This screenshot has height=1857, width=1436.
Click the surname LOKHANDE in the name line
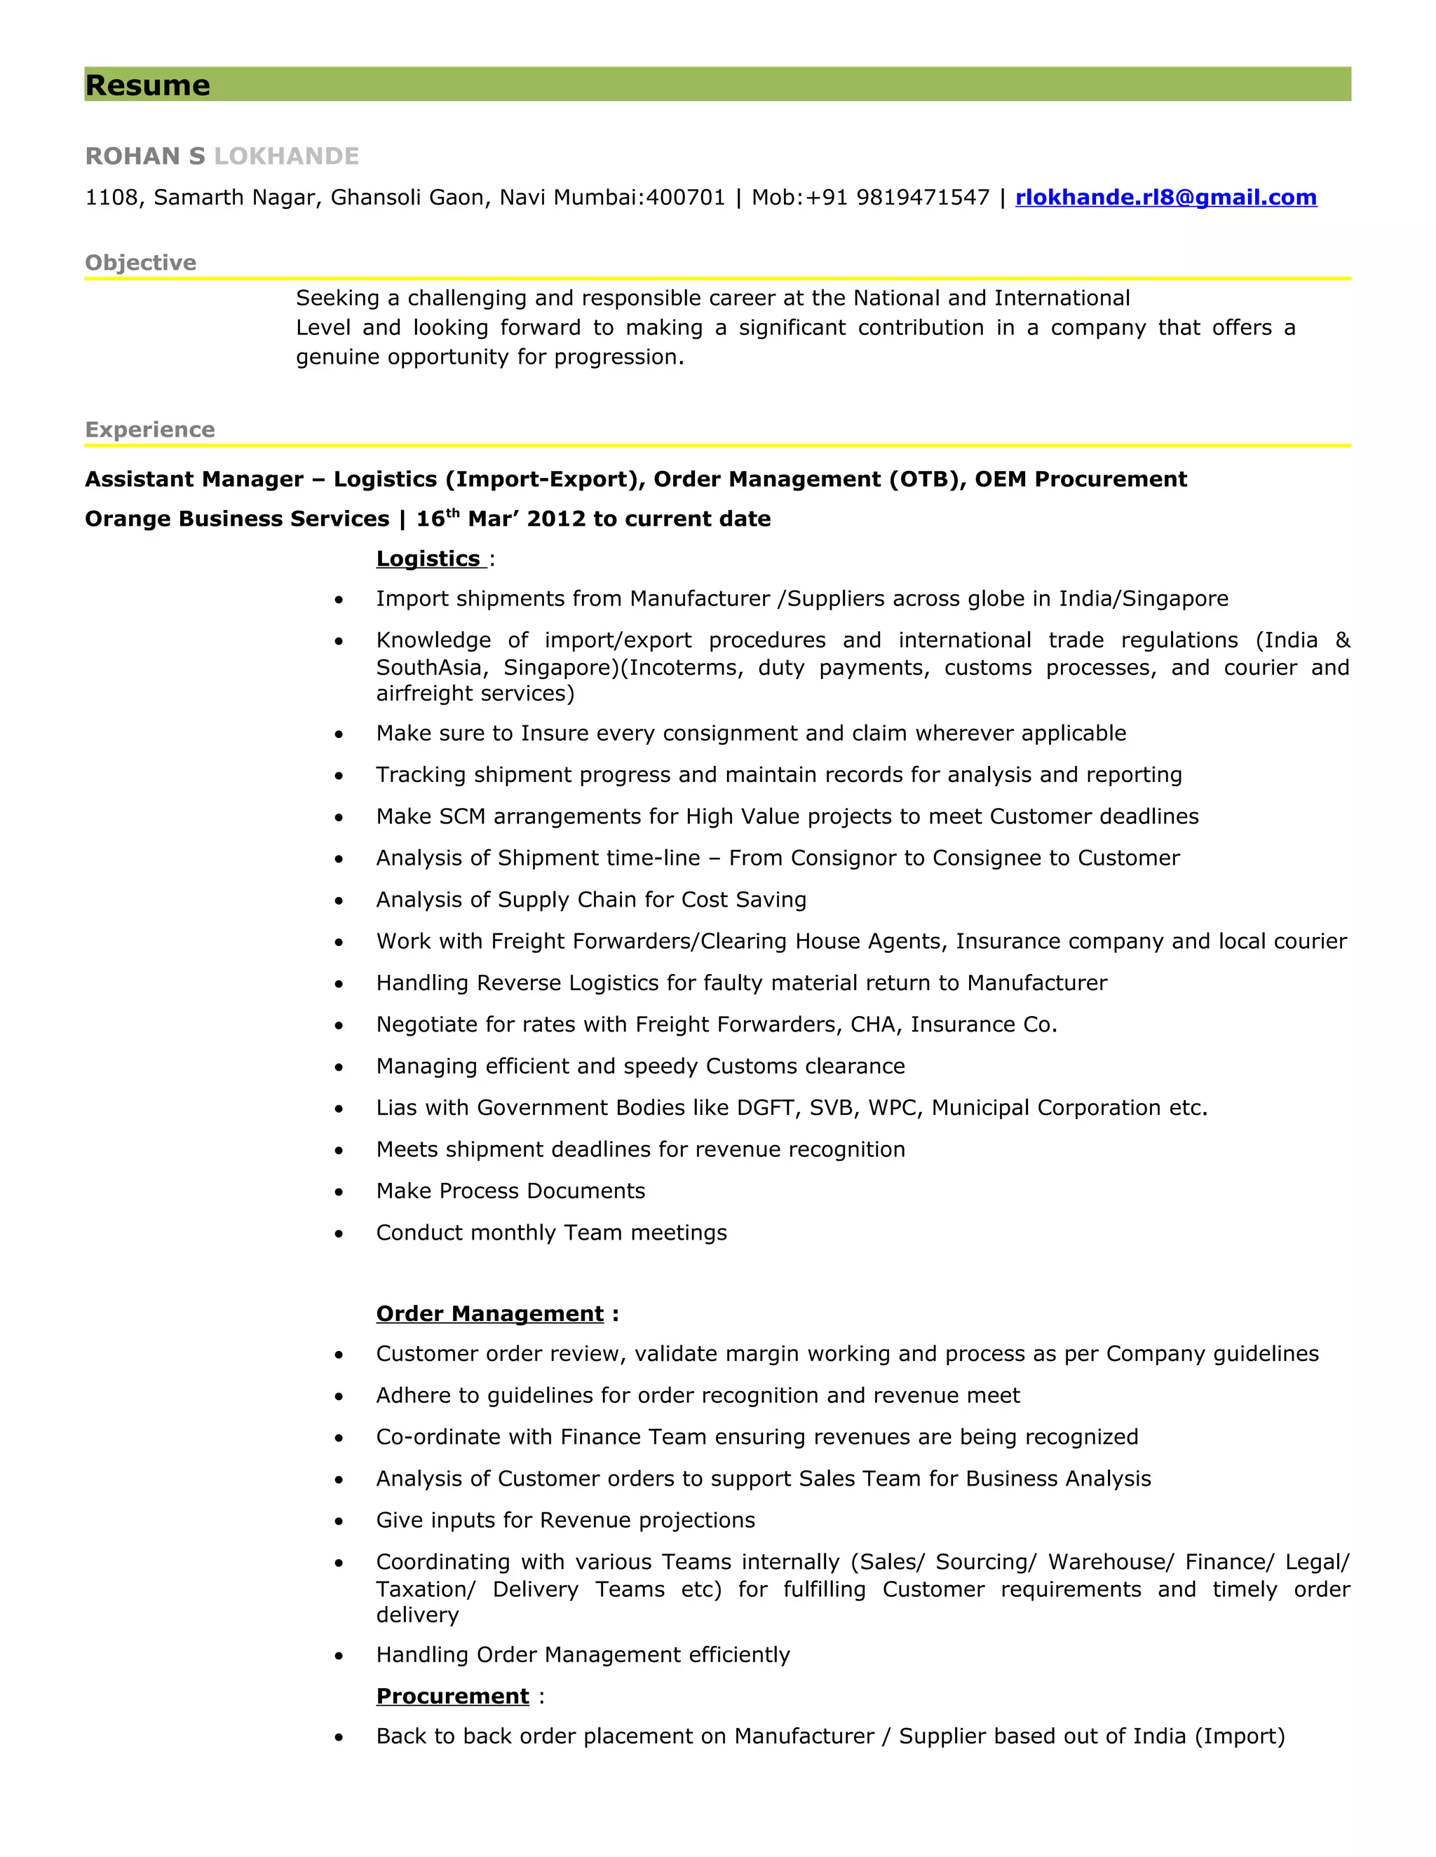[x=286, y=156]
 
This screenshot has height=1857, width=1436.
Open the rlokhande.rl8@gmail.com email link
[x=1165, y=198]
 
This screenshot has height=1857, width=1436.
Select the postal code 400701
[x=685, y=198]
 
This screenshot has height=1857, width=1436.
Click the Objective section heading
[x=140, y=263]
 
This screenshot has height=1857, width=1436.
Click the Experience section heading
[x=150, y=430]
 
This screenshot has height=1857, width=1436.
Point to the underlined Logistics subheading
[x=428, y=559]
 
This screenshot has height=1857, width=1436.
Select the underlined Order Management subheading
[x=490, y=1314]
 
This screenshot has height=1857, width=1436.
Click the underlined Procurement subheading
[x=452, y=1697]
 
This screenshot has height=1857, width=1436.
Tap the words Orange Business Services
[x=236, y=519]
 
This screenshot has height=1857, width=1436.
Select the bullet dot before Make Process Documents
[x=339, y=1192]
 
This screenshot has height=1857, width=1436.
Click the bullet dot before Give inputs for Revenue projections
[x=339, y=1521]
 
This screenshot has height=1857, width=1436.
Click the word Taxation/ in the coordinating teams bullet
[x=426, y=1589]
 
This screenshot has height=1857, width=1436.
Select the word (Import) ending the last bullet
[x=1240, y=1736]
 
